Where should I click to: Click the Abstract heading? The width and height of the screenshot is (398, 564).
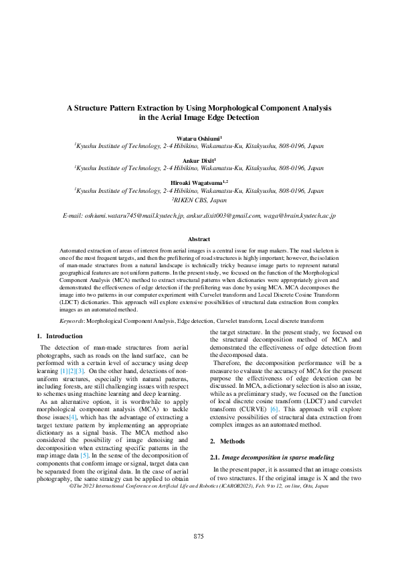click(199, 239)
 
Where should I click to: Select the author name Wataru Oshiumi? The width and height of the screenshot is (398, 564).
click(198, 137)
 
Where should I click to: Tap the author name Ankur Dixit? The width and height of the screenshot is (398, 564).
click(198, 161)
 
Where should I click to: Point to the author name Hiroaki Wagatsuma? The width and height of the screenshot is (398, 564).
click(198, 182)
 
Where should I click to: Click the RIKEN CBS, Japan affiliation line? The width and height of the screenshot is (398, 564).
click(199, 200)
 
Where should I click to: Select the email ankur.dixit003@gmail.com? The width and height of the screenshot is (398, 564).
click(223, 216)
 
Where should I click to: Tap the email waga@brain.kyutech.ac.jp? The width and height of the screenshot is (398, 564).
click(300, 216)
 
